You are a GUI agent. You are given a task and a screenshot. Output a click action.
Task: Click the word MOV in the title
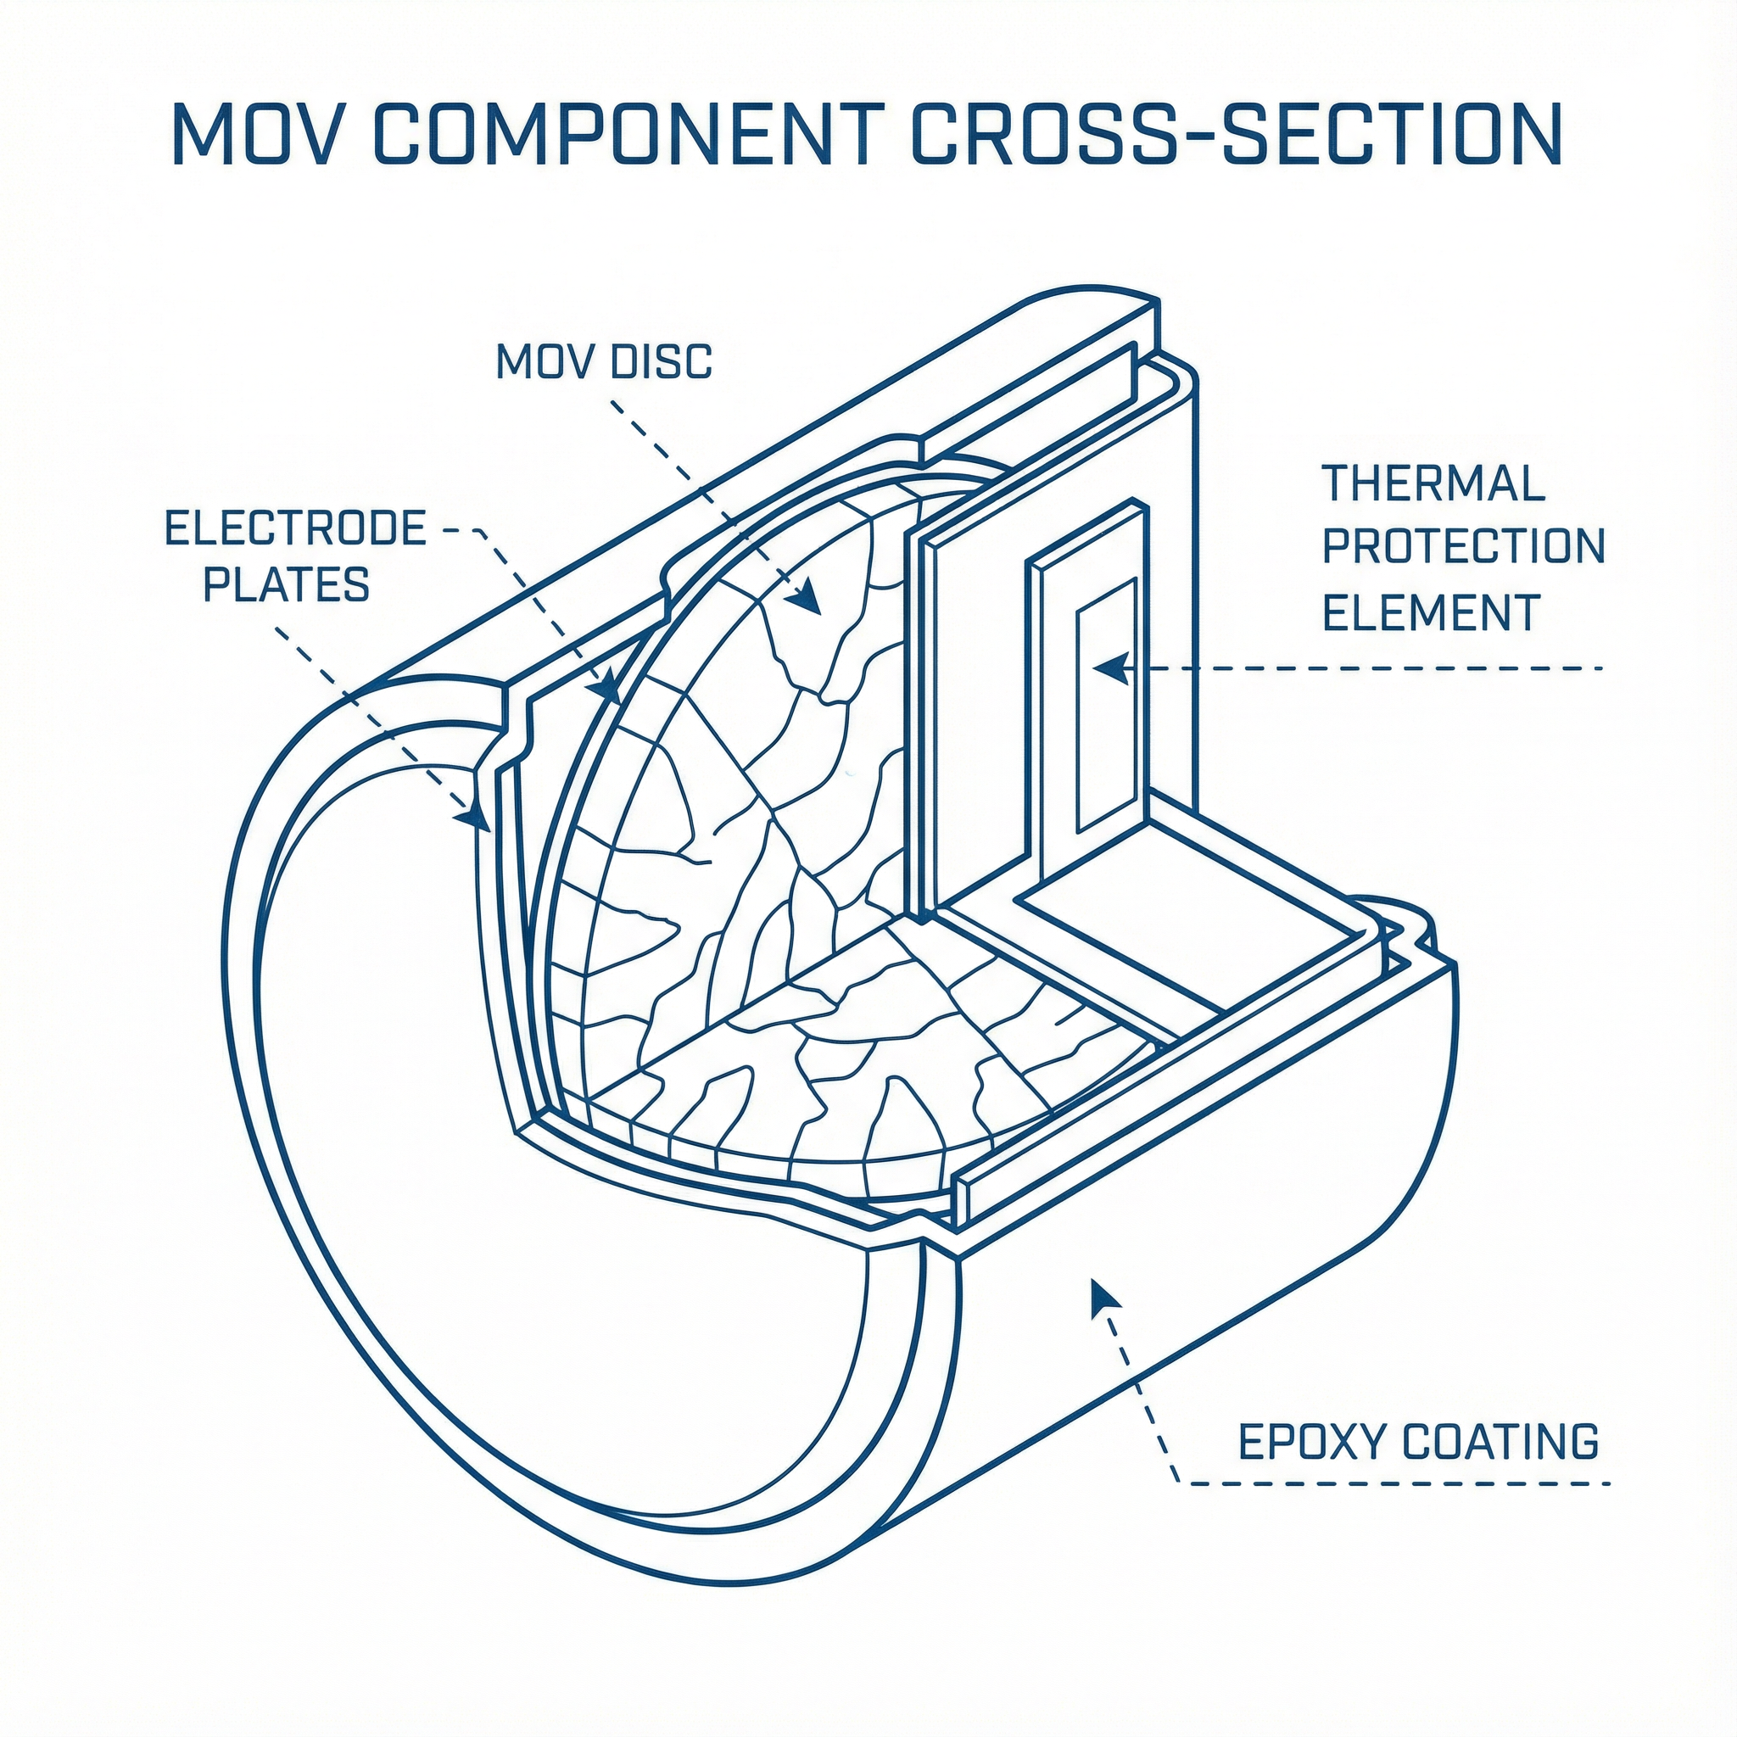tap(260, 134)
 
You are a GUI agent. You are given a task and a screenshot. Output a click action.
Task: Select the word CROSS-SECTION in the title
tap(1237, 134)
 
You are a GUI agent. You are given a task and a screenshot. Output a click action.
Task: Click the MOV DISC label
tap(603, 361)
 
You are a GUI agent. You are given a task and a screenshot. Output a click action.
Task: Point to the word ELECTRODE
tap(296, 528)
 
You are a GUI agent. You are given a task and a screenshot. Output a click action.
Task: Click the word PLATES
tap(286, 584)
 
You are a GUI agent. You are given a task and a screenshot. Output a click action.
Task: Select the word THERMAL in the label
tap(1433, 483)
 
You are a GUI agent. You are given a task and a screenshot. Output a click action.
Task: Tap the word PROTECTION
tap(1464, 547)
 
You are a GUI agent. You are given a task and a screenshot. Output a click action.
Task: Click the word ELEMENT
tap(1433, 612)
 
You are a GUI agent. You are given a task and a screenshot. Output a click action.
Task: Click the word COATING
tap(1500, 1442)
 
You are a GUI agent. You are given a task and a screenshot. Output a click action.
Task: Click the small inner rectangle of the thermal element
tap(1106, 704)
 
